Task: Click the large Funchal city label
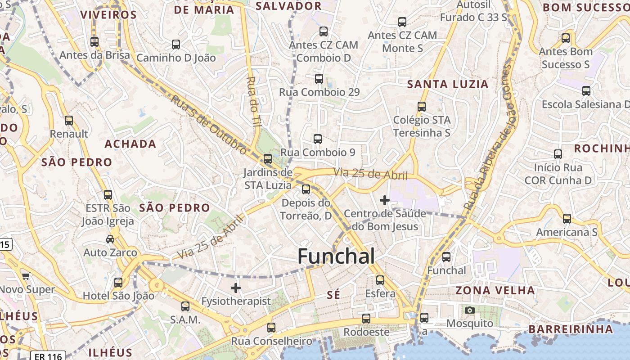tap(336, 256)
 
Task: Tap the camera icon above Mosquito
tap(469, 310)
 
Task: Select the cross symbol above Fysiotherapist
tap(235, 288)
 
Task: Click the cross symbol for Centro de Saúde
tap(384, 200)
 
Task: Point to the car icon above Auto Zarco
tap(110, 239)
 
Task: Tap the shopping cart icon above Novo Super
tap(26, 276)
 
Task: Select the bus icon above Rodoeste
tap(366, 319)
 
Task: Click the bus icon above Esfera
tap(380, 280)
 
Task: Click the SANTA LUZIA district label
tap(447, 84)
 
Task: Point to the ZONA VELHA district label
tap(495, 290)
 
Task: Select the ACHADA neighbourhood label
tap(130, 144)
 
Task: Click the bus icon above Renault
tap(69, 121)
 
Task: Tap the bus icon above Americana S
tap(567, 219)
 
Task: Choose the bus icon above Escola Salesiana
tap(586, 91)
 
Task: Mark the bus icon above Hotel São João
tap(118, 283)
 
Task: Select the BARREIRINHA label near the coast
tap(571, 329)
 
